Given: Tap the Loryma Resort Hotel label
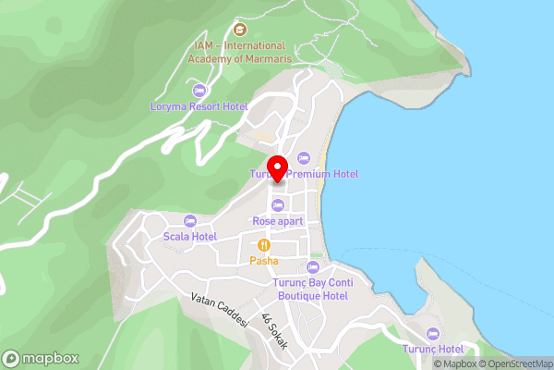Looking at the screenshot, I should [199, 106].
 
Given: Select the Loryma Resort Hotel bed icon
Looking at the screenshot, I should [199, 90].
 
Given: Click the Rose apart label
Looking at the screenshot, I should [277, 221].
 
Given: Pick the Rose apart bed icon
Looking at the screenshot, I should [277, 204].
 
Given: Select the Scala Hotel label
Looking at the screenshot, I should [189, 237].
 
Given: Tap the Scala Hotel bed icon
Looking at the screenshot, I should [189, 221].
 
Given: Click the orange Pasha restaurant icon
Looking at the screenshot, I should [264, 245].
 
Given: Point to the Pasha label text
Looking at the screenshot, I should [264, 262].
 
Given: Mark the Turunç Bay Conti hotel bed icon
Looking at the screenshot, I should [312, 267].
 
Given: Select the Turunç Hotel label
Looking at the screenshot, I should [432, 349].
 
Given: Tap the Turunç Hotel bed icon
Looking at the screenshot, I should [432, 333].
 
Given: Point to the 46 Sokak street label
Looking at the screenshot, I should [274, 332].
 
